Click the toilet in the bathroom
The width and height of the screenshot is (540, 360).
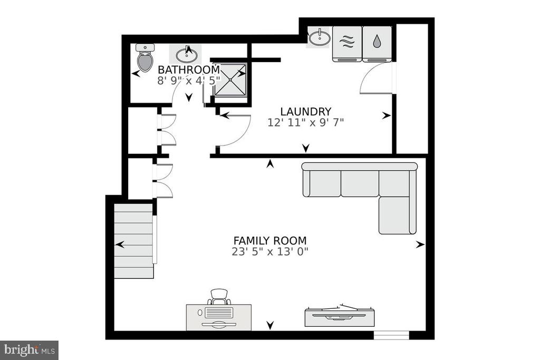(x=145, y=57)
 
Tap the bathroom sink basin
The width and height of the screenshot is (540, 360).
(x=187, y=55)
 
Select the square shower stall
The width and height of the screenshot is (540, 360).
(x=230, y=80)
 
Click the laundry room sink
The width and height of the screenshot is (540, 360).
(x=319, y=37)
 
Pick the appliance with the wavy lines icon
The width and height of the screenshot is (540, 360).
(x=347, y=44)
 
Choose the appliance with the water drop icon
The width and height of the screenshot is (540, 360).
(x=377, y=44)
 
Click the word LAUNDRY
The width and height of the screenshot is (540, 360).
(x=306, y=112)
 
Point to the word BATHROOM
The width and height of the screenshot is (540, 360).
(x=189, y=70)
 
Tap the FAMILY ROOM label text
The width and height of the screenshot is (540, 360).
(x=270, y=240)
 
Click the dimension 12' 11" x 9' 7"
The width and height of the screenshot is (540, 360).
(x=306, y=122)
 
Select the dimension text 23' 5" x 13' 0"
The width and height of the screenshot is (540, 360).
(x=270, y=251)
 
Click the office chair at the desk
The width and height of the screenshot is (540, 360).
(x=219, y=297)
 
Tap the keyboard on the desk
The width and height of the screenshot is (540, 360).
(x=218, y=313)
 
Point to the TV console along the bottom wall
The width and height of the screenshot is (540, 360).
(x=340, y=316)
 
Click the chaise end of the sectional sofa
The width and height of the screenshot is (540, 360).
(x=398, y=215)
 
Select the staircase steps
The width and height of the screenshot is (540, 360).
(x=133, y=241)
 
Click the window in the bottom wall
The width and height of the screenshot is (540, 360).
(x=392, y=335)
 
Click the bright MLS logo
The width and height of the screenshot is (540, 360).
(x=30, y=351)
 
